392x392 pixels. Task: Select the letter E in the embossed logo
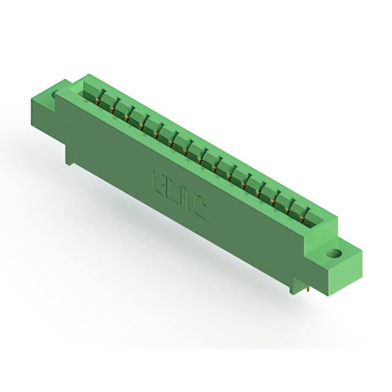157,182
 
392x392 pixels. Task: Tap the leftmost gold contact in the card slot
99,100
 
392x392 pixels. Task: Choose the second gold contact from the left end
114,109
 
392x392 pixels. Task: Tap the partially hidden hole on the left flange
56,94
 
